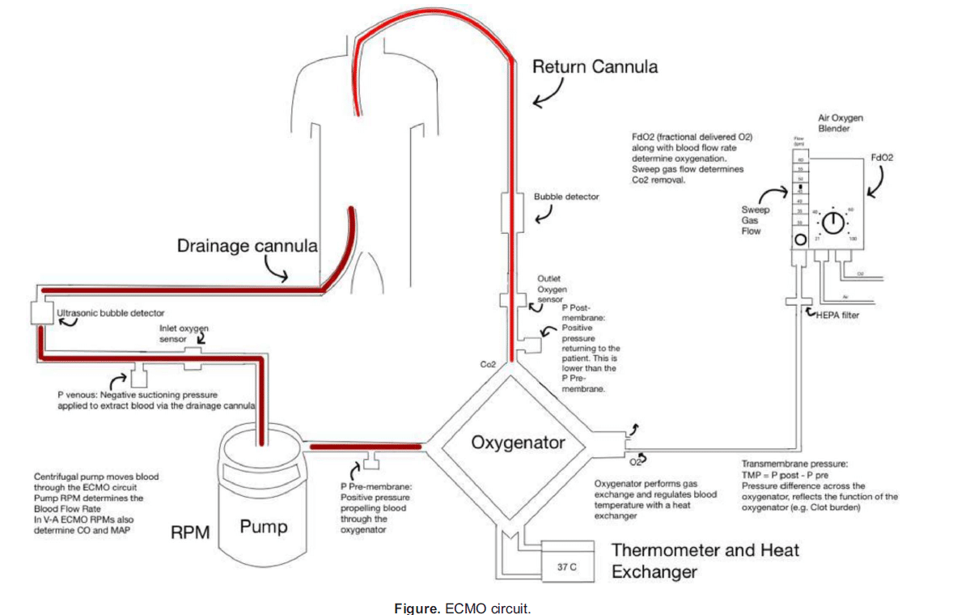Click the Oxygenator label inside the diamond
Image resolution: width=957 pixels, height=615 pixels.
518,443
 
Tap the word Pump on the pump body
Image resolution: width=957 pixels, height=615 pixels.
264,528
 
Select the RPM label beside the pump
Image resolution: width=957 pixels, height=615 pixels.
191,532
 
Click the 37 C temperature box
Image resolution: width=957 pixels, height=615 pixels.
566,566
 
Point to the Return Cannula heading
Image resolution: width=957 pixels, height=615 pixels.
595,66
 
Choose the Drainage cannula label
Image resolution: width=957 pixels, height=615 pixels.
248,245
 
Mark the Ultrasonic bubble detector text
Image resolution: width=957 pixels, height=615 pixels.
111,312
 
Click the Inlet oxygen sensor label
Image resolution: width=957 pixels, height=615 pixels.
184,334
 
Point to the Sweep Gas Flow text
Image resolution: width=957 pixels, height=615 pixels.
752,220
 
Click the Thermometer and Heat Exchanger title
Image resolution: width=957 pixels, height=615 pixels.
705,560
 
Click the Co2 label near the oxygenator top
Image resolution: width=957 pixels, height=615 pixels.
488,366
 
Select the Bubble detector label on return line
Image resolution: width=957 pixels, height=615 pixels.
566,197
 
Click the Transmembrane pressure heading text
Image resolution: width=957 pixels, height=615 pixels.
794,464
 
